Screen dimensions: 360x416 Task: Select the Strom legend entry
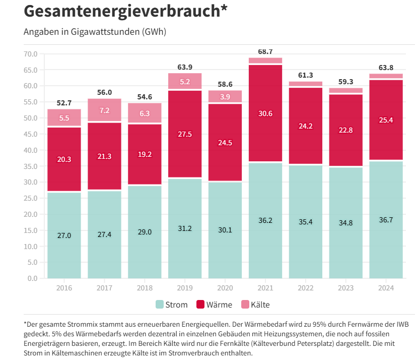click(x=171, y=305)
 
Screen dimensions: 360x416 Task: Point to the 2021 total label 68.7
click(x=265, y=51)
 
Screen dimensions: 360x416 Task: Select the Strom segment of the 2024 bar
click(x=386, y=237)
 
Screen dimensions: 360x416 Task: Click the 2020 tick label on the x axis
click(x=225, y=288)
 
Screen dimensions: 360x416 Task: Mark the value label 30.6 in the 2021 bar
click(x=265, y=113)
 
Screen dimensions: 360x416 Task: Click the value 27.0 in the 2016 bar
click(x=64, y=235)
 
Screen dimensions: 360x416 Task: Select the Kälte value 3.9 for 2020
click(x=225, y=97)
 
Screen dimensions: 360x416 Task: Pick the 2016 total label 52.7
click(x=64, y=103)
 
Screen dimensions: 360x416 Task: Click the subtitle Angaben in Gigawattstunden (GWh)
click(x=95, y=32)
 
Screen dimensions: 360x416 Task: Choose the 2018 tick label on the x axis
click(x=145, y=288)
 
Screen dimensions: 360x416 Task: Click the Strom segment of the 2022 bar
click(x=305, y=237)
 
